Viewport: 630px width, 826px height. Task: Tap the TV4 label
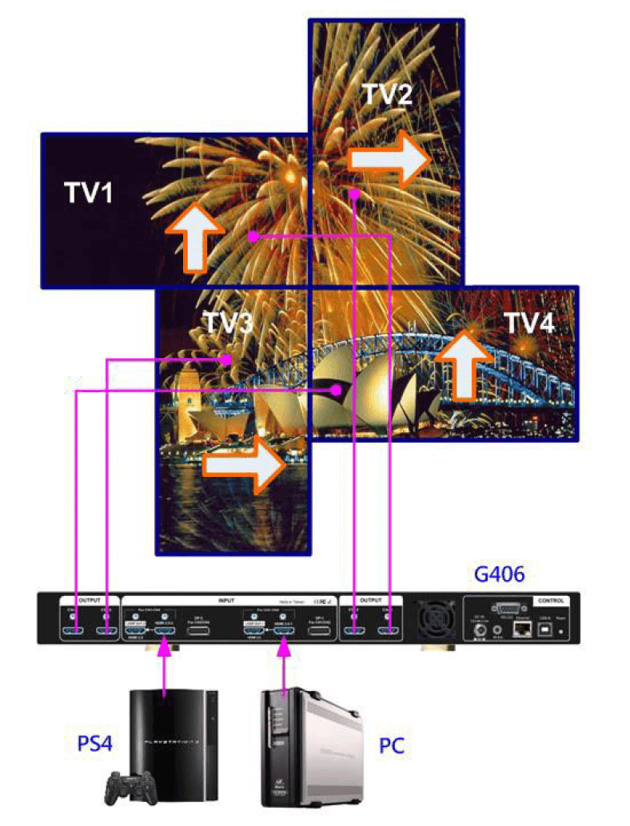coord(528,323)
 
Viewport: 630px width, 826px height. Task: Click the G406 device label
coord(500,574)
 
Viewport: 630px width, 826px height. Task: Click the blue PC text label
coord(391,746)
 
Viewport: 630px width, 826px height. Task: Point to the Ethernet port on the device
coord(523,629)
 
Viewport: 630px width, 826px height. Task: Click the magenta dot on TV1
coord(252,236)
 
